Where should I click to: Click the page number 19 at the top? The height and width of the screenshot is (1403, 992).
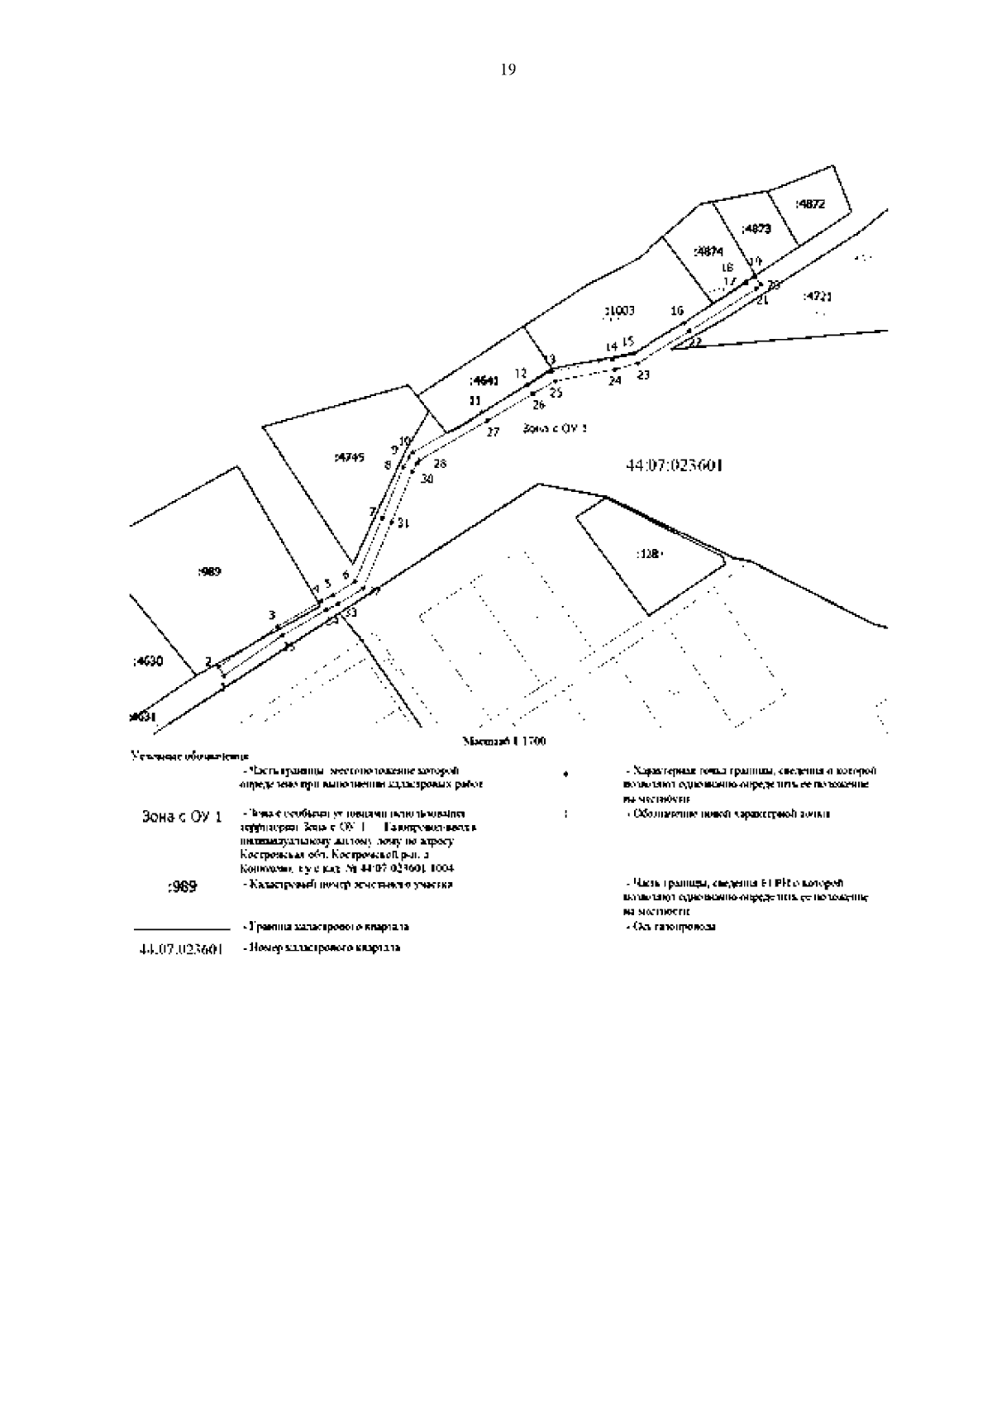(508, 70)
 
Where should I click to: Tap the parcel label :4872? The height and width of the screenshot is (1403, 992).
(809, 204)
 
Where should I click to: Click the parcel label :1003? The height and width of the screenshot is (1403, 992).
(619, 311)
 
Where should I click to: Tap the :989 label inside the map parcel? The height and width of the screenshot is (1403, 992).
(210, 571)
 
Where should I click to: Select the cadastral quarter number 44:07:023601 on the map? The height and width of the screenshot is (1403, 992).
(675, 466)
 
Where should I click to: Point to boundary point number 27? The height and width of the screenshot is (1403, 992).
(493, 432)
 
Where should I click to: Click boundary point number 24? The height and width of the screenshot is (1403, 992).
(614, 381)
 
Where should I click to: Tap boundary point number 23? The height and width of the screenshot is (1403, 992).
(643, 375)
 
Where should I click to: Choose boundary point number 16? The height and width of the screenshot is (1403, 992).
(677, 312)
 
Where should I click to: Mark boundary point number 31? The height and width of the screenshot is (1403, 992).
(403, 523)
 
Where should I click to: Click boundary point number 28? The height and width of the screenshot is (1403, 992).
(439, 464)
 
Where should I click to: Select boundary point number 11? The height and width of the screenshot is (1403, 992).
(475, 401)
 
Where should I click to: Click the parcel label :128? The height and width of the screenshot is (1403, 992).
(649, 554)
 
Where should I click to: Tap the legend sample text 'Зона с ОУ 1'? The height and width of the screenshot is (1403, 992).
(184, 817)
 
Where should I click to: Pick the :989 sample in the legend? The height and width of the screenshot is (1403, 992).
(182, 887)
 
